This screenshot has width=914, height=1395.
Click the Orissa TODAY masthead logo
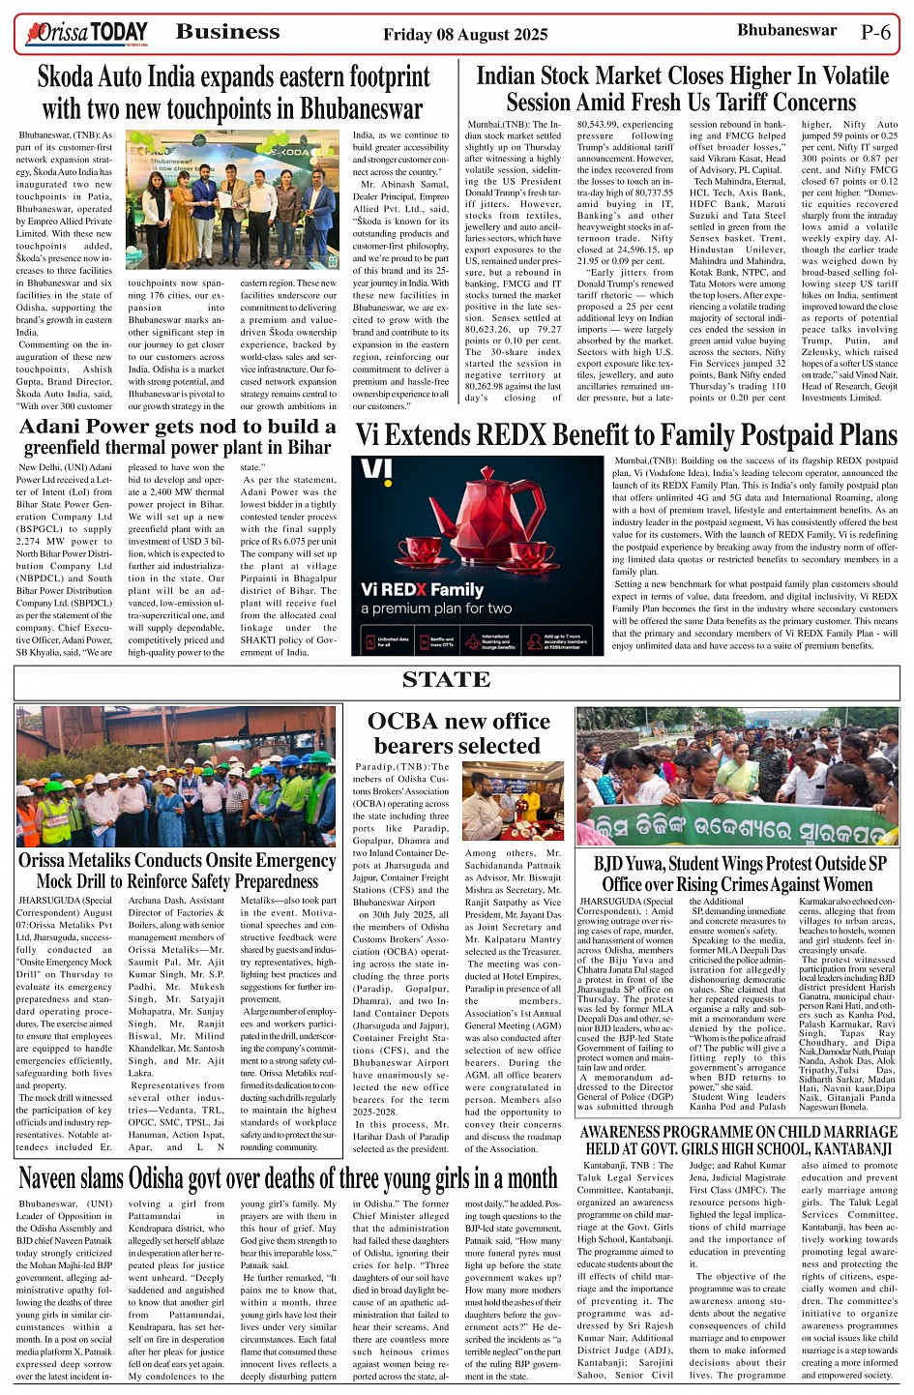(88, 33)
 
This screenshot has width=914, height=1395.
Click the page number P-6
(875, 32)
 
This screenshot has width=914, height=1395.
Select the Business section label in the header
(227, 32)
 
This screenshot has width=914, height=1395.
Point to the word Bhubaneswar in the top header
(786, 30)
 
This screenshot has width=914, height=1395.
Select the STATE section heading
(446, 680)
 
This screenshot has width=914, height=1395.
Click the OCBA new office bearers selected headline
(458, 733)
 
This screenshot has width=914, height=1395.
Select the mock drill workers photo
(175, 776)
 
